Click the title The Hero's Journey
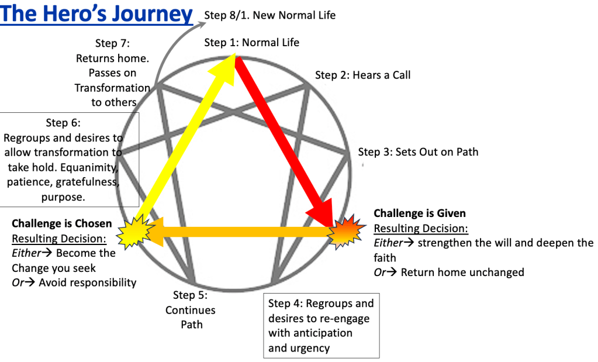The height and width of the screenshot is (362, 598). pyautogui.click(x=96, y=13)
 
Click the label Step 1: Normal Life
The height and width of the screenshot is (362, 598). pyautogui.click(x=251, y=43)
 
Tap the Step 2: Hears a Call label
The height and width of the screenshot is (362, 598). pyautogui.click(x=362, y=75)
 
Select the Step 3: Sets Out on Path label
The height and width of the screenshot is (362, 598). pyautogui.click(x=418, y=152)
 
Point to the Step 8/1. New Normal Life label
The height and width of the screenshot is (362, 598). pyautogui.click(x=270, y=15)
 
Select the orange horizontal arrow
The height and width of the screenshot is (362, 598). pyautogui.click(x=246, y=232)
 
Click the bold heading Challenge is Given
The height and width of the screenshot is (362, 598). pyautogui.click(x=420, y=213)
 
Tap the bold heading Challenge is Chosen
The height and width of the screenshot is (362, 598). pyautogui.click(x=61, y=223)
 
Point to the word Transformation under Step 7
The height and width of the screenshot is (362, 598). pyautogui.click(x=112, y=88)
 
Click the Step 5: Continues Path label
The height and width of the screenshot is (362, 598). pyautogui.click(x=190, y=310)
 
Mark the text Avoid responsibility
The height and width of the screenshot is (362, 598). pyautogui.click(x=87, y=283)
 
